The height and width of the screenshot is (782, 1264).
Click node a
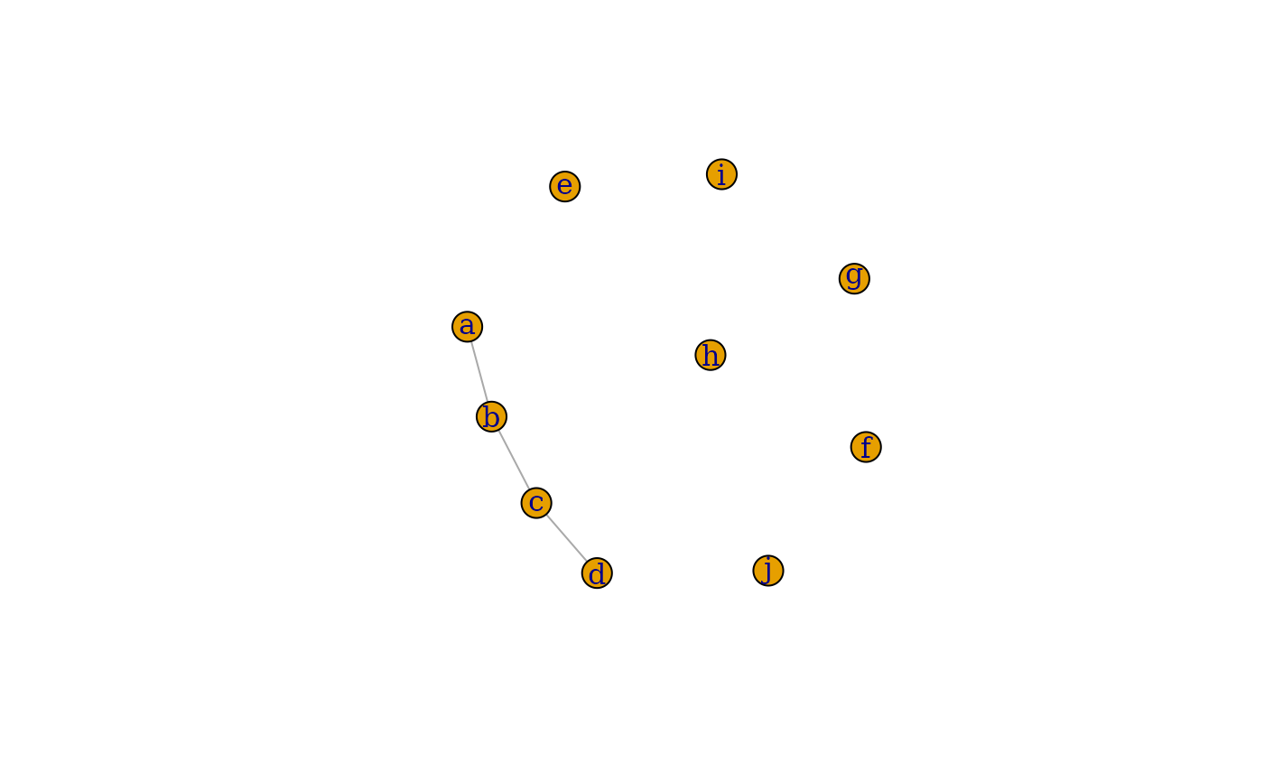(467, 326)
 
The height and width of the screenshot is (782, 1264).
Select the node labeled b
(491, 416)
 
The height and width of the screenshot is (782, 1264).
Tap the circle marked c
(536, 503)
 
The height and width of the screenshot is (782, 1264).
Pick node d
(597, 573)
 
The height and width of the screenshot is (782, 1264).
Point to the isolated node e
(565, 186)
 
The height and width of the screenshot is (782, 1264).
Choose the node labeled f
(866, 447)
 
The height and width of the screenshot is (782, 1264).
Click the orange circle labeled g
(854, 278)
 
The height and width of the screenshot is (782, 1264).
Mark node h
(711, 355)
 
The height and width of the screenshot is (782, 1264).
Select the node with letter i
(721, 174)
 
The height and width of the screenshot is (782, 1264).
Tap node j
(768, 571)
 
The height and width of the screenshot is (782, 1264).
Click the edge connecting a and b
(479, 371)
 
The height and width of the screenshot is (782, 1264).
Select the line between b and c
(514, 460)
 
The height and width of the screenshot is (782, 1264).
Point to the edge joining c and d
(566, 537)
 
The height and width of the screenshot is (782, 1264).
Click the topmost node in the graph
(721, 174)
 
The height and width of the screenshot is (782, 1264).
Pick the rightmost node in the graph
(866, 447)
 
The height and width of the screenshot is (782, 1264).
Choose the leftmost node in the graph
(467, 326)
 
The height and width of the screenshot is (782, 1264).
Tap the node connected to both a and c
(491, 416)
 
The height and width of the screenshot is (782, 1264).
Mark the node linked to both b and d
(536, 503)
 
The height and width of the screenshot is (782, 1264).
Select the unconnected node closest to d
(768, 571)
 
